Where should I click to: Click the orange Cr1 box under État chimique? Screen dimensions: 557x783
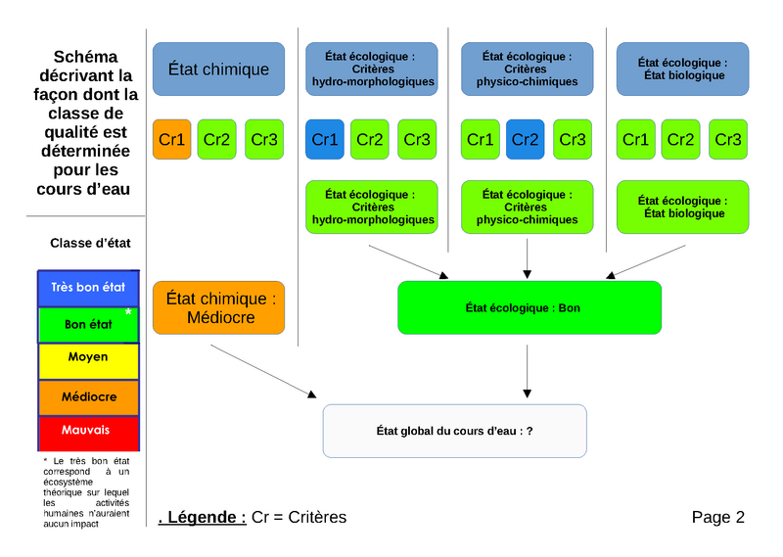[171, 140]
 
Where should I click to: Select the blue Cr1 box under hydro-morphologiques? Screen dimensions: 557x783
[324, 140]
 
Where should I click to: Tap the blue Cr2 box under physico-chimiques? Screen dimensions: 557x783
[526, 140]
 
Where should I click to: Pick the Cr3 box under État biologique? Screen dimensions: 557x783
[728, 140]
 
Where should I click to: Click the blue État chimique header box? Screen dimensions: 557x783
[218, 69]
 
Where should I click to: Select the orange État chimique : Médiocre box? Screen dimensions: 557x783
[218, 307]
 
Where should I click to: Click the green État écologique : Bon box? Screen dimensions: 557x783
[529, 307]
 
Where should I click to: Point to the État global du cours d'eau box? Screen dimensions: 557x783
[454, 431]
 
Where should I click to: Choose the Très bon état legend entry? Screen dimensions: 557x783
[88, 288]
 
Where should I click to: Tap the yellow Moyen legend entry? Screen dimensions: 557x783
[88, 358]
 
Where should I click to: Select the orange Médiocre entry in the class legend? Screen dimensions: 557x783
[88, 397]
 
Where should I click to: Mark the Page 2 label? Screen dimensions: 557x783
[717, 517]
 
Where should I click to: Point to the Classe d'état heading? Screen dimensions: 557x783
[90, 243]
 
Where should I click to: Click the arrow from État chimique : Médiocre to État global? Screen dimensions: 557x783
[264, 371]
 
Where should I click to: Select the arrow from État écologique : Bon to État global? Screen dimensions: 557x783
[529, 369]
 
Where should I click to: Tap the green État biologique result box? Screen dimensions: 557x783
[682, 207]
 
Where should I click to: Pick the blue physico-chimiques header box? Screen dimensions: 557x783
[527, 69]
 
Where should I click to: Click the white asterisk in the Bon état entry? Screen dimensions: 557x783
[128, 312]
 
